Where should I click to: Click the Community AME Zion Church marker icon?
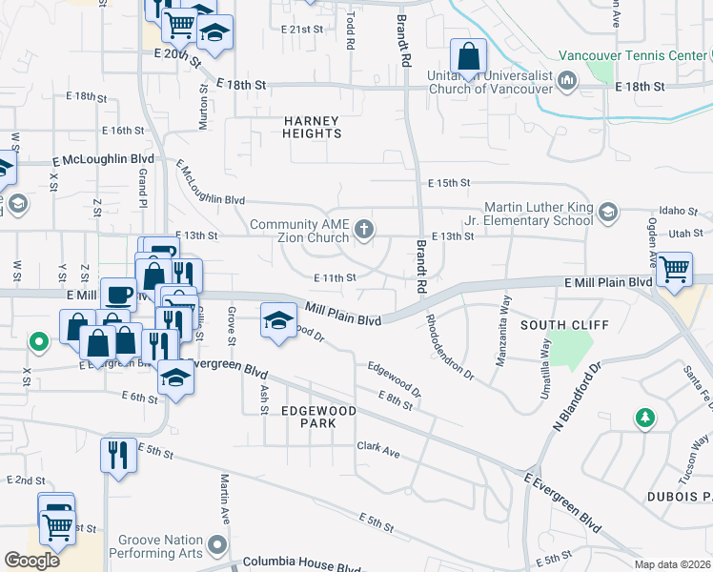point(363,229)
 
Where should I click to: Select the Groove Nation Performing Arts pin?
point(218,545)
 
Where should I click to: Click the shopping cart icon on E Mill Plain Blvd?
point(674,272)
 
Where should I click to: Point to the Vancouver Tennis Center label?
point(632,55)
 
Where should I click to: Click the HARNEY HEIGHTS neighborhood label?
point(312,128)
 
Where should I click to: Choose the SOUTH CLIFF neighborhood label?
point(564,325)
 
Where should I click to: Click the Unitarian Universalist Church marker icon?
point(569,80)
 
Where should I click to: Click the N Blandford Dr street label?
point(577,396)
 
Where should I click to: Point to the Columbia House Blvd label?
point(302,563)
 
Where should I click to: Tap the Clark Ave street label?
point(378,446)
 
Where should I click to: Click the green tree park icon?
point(645,417)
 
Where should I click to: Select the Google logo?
point(32,560)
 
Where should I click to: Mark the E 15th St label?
point(450,182)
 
